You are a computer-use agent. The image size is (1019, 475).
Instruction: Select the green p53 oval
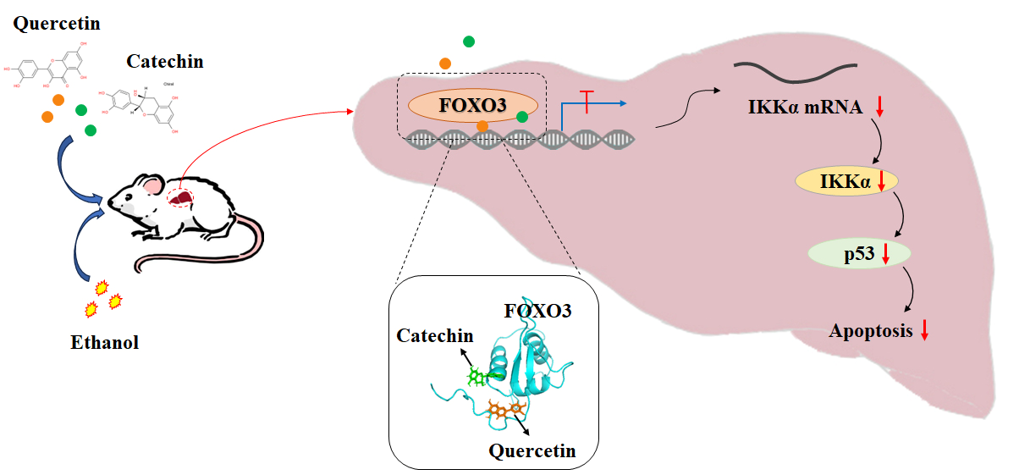[859, 253]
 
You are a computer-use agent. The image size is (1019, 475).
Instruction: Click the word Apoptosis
[871, 331]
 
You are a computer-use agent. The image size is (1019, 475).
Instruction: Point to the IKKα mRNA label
[805, 108]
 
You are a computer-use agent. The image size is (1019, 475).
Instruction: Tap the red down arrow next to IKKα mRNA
[879, 107]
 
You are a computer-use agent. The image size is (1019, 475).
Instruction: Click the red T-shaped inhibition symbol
[589, 96]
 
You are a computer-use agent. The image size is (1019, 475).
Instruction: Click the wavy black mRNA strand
[796, 73]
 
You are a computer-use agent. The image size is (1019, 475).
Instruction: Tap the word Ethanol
[104, 343]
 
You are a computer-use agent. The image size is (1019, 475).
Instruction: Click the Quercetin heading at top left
[57, 24]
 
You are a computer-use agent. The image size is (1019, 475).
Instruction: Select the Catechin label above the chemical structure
[165, 61]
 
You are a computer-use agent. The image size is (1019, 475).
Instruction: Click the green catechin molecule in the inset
[476, 375]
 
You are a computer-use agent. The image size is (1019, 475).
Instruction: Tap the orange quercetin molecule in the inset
[504, 411]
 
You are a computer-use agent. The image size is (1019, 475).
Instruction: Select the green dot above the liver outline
[468, 41]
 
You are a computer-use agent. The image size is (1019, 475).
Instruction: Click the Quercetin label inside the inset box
[532, 450]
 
